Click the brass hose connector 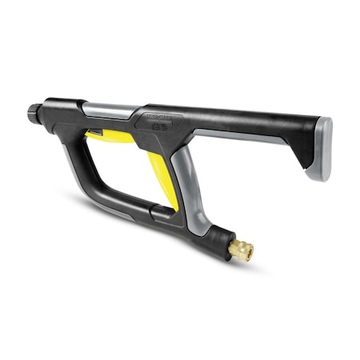[x=240, y=250]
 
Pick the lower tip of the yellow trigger [x=171, y=206]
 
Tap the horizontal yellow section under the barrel [x=112, y=136]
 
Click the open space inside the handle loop [x=120, y=172]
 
